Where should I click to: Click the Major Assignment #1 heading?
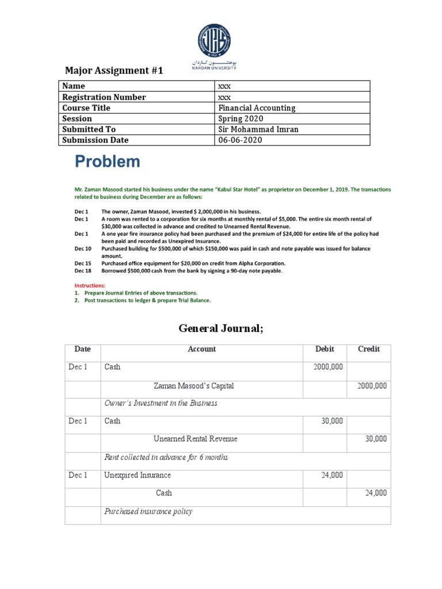tap(114, 71)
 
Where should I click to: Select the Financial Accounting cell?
tap(257, 108)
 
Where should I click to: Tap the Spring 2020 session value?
tap(241, 119)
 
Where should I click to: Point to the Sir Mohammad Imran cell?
tap(258, 130)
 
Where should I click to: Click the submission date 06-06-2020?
tap(240, 140)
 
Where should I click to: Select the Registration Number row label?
tap(104, 97)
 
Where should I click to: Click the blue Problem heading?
tap(108, 162)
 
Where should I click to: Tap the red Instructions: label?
tap(91, 285)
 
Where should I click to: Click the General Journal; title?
tap(221, 328)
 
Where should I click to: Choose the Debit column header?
tap(325, 349)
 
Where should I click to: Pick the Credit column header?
tap(369, 349)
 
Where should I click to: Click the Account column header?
tap(202, 349)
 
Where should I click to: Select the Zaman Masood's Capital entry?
tap(194, 385)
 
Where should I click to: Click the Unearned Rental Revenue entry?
tap(196, 439)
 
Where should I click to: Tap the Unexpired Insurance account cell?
tap(138, 475)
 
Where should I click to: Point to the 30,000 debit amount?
tap(332, 421)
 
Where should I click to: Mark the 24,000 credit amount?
tap(376, 493)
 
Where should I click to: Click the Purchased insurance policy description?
tap(148, 511)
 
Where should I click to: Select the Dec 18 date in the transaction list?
tap(83, 270)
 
